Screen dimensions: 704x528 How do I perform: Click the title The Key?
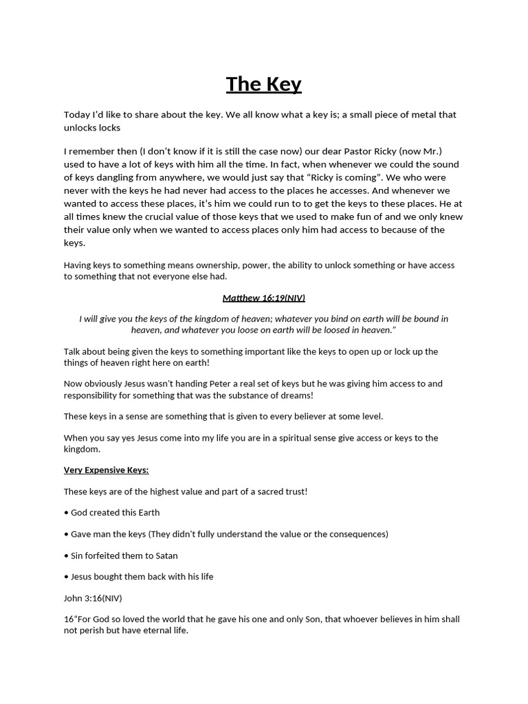coord(263,84)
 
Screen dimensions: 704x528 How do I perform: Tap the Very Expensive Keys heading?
coord(106,470)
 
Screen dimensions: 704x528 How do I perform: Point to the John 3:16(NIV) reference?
coord(93,598)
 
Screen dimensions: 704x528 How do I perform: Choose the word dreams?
coord(297,395)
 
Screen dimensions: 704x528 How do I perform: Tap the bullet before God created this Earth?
coord(66,513)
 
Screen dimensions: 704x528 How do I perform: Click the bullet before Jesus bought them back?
coord(66,577)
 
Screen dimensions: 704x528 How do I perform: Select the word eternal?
coord(146,630)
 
